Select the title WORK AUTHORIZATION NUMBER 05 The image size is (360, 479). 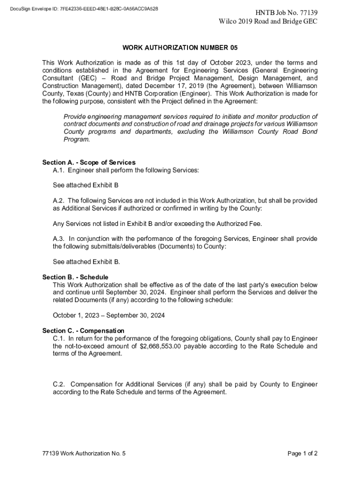point(180,48)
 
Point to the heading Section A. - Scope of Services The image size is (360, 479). point(89,163)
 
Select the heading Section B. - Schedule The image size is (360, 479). point(75,277)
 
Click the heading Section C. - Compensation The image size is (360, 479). point(83,331)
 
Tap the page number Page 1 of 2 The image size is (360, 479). point(302,453)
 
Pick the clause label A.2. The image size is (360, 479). point(58,201)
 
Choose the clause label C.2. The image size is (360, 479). point(59,385)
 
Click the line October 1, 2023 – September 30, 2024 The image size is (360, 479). point(108,315)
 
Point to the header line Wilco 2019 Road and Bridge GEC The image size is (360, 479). point(268,22)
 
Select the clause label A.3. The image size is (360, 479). point(58,239)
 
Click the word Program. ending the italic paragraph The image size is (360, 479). point(77,139)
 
